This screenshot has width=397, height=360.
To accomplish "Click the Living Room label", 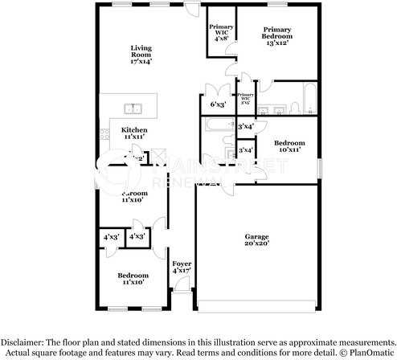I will [141, 54].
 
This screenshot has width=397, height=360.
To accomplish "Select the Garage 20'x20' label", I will [257, 239].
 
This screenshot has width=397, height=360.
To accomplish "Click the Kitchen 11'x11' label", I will [134, 133].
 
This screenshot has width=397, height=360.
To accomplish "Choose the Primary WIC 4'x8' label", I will [221, 32].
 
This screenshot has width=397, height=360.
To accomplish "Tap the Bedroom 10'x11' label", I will [289, 147].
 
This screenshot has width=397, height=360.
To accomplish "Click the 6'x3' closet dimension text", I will [218, 104].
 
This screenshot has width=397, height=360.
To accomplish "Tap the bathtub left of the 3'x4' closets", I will [217, 126].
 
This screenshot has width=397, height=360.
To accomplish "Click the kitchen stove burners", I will [104, 137].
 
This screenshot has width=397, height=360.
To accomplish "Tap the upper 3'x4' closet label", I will [246, 127].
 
